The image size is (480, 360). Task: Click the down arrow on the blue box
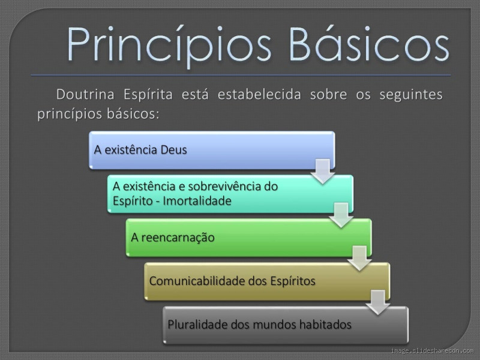[x=322, y=170]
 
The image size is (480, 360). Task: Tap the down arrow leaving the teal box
[x=340, y=214]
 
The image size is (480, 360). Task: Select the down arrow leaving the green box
[x=359, y=258]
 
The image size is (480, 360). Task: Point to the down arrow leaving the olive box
[x=377, y=302]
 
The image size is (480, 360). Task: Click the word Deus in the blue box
[x=173, y=149]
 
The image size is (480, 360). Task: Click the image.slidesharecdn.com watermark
[x=431, y=350]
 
